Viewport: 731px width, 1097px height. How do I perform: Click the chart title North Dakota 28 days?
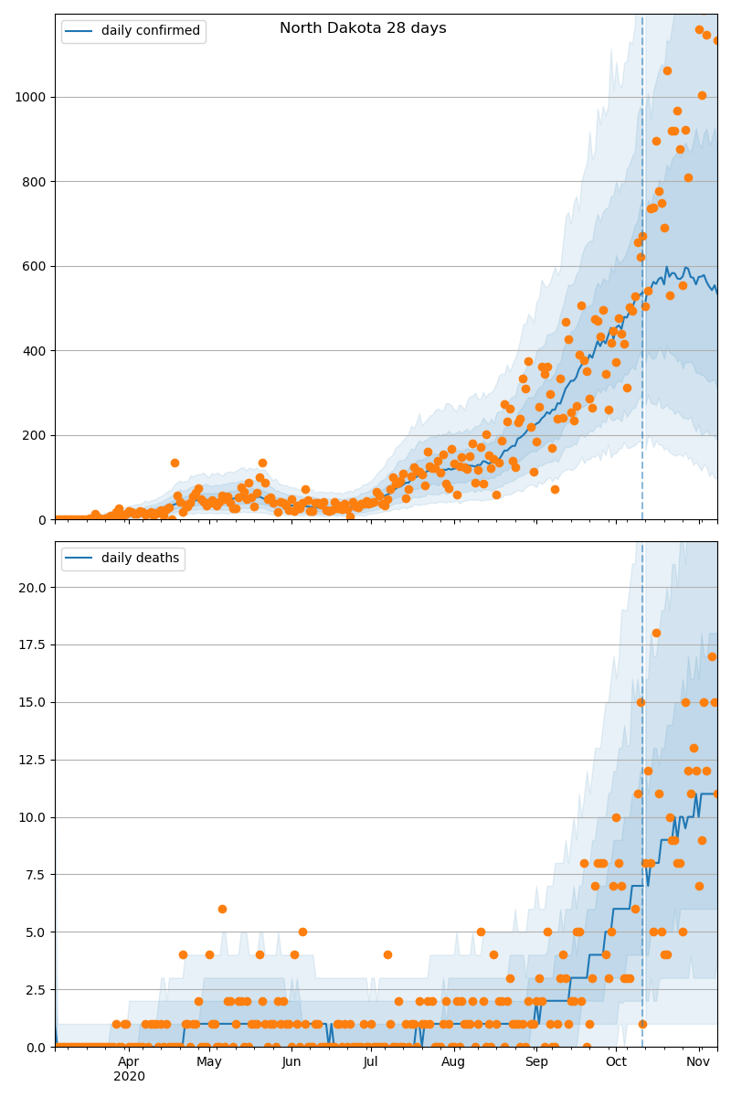point(363,28)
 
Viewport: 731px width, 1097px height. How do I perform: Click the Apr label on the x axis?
point(129,1061)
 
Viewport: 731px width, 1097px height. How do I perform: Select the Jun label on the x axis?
point(291,1061)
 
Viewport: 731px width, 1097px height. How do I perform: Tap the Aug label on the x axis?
point(453,1061)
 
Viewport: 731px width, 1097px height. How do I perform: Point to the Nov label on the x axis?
point(699,1061)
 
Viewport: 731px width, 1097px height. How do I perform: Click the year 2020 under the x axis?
point(129,1076)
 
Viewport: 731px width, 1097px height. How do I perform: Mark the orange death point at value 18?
point(656,633)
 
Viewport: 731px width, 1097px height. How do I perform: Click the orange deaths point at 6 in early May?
point(222,909)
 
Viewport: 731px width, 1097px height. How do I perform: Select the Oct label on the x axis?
point(617,1061)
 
